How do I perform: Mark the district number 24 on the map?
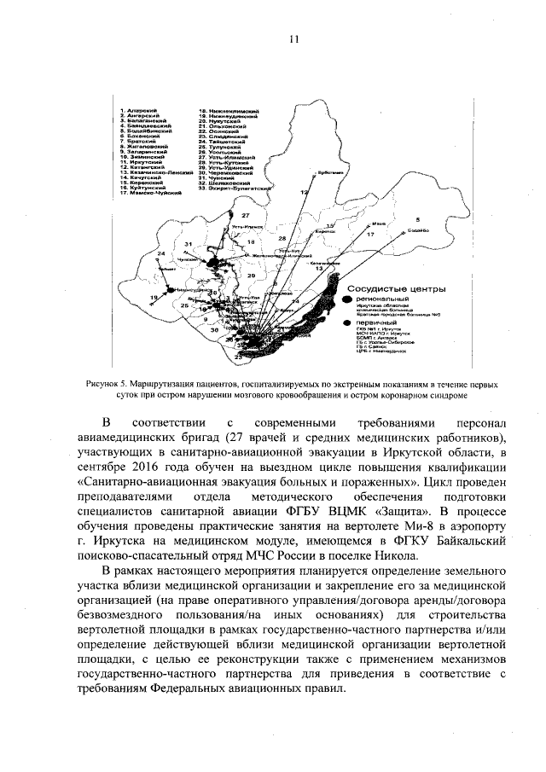pyautogui.click(x=160, y=254)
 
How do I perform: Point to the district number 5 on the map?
pyautogui.click(x=418, y=219)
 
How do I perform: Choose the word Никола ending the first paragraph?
pyautogui.click(x=422, y=554)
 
